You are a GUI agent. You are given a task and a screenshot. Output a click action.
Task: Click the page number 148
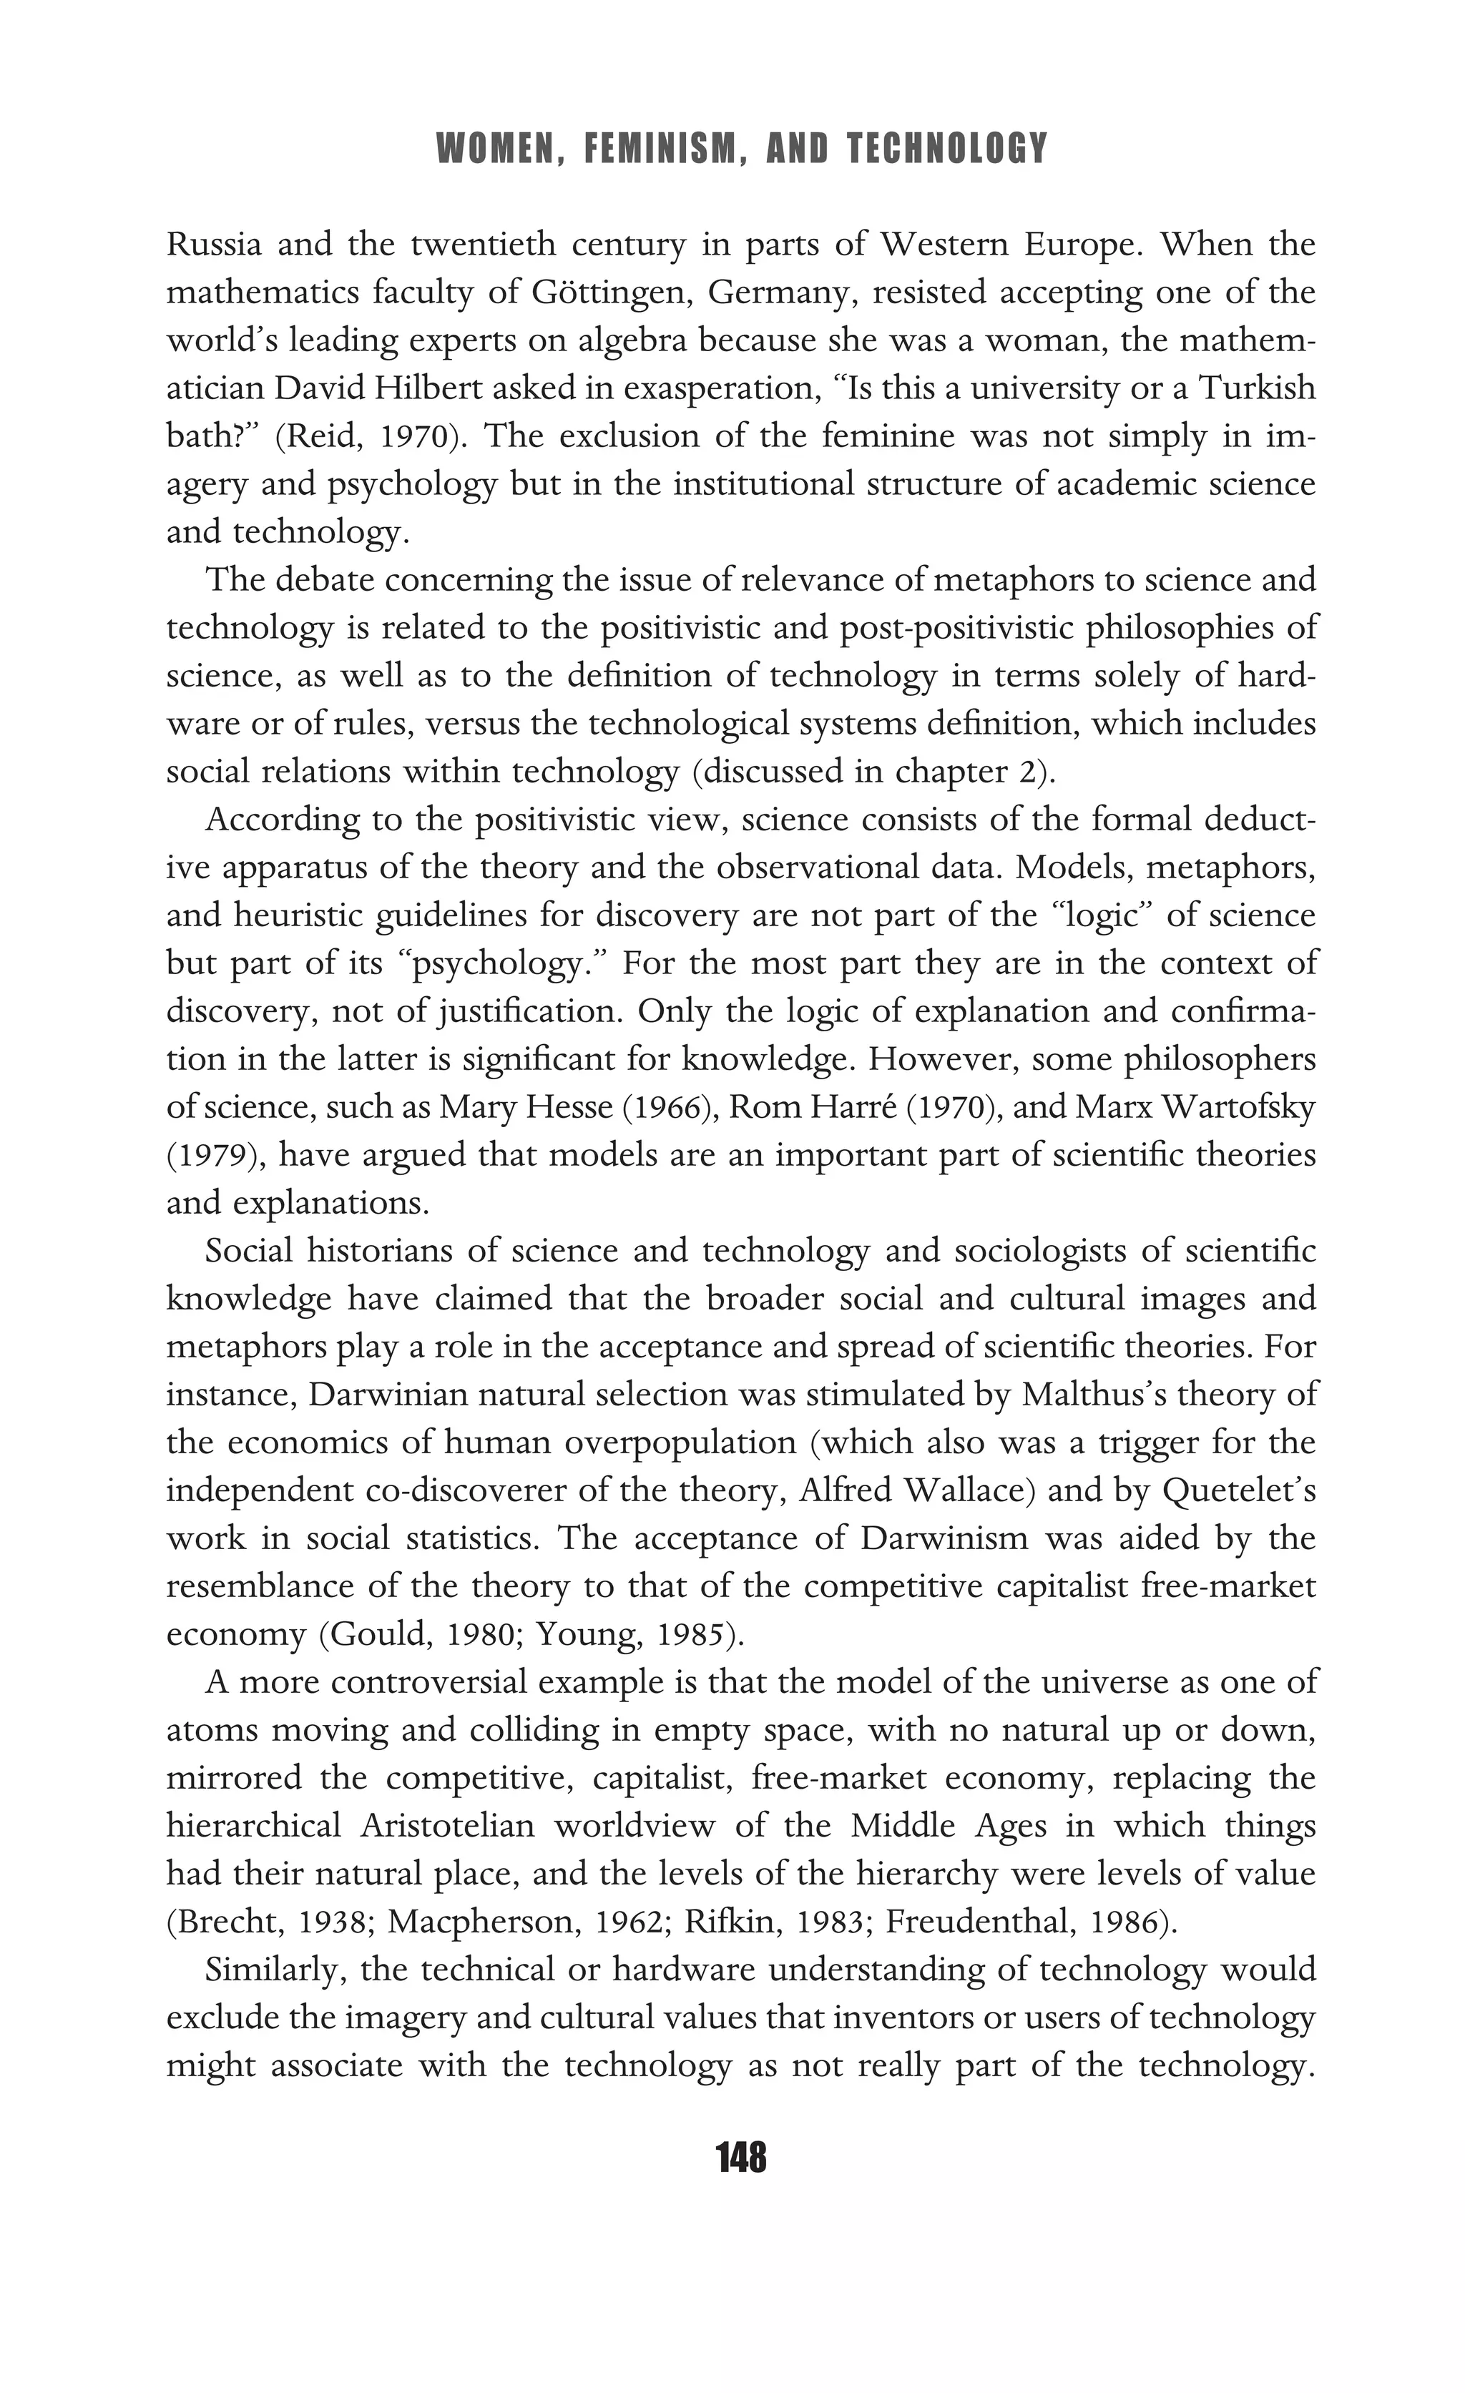click(740, 2157)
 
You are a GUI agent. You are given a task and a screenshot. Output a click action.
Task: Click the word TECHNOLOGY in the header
click(947, 149)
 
